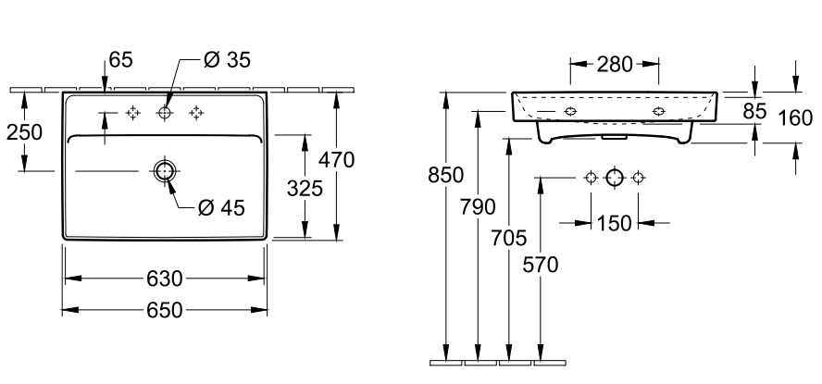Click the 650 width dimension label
(x=166, y=309)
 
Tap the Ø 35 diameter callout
(x=226, y=60)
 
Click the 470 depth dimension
(x=336, y=160)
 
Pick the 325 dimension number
(x=305, y=188)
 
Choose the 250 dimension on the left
(x=25, y=132)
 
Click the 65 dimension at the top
(x=121, y=60)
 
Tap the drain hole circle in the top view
(x=165, y=171)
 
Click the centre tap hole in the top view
(x=166, y=113)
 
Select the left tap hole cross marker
(x=132, y=113)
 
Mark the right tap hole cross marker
(x=196, y=113)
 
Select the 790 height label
(x=478, y=205)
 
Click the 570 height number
(x=540, y=265)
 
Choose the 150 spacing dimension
(x=615, y=223)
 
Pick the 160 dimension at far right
(x=795, y=118)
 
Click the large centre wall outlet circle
(x=615, y=178)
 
